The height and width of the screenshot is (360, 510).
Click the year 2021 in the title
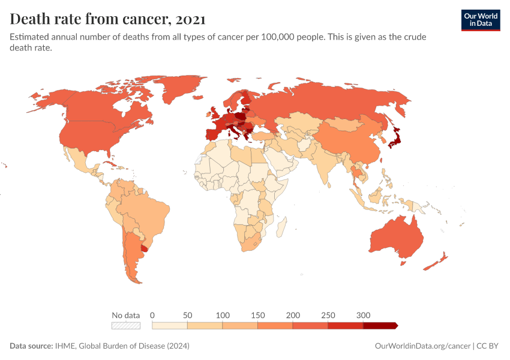click(191, 19)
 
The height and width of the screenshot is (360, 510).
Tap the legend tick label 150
click(257, 315)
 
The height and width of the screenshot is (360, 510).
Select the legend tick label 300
click(363, 315)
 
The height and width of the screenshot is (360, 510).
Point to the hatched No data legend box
click(126, 325)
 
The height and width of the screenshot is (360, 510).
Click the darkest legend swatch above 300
click(379, 325)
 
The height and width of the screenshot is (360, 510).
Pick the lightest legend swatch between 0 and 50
click(170, 325)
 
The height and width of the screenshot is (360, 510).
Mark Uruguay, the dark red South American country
click(143, 247)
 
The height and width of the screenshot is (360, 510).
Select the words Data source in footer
click(31, 346)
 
